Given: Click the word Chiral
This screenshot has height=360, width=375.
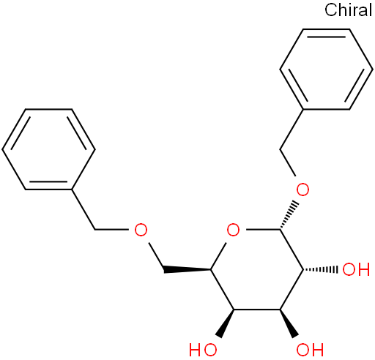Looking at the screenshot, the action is (x=348, y=10).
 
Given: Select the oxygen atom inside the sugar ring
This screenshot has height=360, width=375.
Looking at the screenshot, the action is (x=233, y=230).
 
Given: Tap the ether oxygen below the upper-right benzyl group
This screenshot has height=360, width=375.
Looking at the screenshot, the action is (x=302, y=190).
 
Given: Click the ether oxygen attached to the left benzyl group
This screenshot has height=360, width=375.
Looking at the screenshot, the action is (x=141, y=230).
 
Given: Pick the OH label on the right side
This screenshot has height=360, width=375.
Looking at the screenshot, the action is (x=356, y=269).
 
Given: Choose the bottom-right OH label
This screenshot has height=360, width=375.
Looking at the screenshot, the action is (x=310, y=350).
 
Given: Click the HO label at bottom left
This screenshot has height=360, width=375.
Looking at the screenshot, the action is (x=203, y=350).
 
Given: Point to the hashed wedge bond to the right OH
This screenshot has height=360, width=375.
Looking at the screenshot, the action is (x=321, y=269).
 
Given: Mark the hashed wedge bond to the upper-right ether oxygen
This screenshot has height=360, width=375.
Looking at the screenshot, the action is (x=289, y=215).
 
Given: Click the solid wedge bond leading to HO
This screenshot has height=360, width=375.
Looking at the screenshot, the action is (x=226, y=323).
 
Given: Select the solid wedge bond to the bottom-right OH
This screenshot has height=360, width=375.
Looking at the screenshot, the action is (x=289, y=323).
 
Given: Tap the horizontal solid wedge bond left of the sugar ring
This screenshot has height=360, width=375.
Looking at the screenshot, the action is (x=187, y=270).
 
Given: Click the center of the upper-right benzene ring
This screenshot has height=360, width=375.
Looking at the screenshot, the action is (x=326, y=70).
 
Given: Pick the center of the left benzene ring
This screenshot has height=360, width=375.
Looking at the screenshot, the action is (x=48, y=149).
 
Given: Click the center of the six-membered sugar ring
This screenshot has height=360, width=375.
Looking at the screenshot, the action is (x=257, y=269).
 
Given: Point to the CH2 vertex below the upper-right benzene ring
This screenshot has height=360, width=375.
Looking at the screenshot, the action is (x=280, y=149).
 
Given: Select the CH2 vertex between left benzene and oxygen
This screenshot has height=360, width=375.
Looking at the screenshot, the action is (x=94, y=230).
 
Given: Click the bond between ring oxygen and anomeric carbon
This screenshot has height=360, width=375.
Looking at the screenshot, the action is (x=263, y=230).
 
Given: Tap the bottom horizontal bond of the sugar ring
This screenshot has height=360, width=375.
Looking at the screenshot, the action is (x=257, y=310).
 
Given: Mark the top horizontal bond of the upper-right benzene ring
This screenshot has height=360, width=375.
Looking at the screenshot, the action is (x=326, y=29).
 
